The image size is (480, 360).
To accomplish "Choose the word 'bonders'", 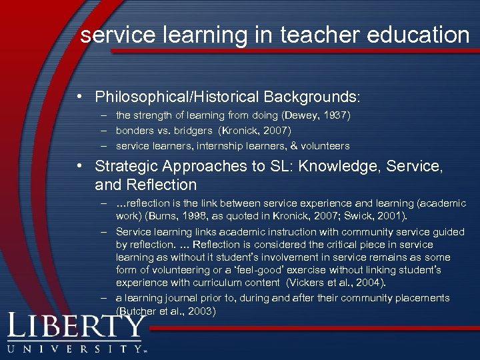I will point(136,131).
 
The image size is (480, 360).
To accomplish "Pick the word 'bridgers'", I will point(198,131).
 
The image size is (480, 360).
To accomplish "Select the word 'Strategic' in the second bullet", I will point(124,167).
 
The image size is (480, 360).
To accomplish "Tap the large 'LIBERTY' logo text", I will point(77,327).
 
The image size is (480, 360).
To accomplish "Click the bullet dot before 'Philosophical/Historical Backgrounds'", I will point(80,97).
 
